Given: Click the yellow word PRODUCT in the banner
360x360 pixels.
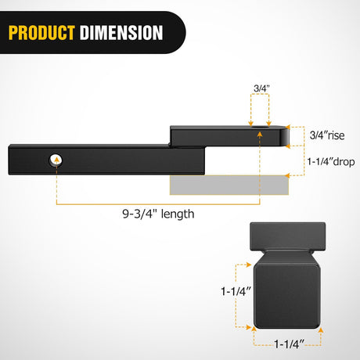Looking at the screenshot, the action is coord(41,33).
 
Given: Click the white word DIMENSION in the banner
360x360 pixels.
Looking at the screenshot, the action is coord(121,33).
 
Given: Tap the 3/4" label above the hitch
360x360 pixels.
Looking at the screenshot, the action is coord(261,88).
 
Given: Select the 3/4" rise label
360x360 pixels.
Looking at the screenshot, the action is coord(327,135).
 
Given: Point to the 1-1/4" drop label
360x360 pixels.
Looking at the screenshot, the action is coord(331,162).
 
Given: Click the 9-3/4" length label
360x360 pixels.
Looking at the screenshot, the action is coord(158,214).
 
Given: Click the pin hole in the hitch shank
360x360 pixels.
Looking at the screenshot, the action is coord(56,160).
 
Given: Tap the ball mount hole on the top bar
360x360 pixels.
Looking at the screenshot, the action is coord(259,127).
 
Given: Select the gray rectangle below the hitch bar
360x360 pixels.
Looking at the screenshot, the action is coord(229,185).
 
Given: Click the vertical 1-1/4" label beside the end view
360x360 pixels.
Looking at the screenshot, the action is coord(236,291).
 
